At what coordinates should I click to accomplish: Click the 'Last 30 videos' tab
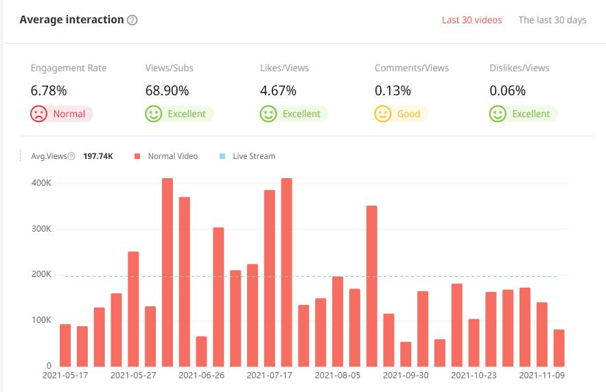click(x=471, y=20)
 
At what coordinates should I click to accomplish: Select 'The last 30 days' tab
click(x=552, y=20)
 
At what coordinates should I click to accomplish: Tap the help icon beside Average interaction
click(x=132, y=20)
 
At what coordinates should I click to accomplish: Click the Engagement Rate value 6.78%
click(x=49, y=90)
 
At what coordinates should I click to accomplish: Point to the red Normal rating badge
click(x=61, y=114)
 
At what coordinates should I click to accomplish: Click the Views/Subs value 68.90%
click(x=167, y=90)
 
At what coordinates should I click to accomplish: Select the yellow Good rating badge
click(x=401, y=114)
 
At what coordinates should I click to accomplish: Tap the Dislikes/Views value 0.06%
click(x=507, y=90)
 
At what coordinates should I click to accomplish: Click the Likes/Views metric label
click(x=284, y=68)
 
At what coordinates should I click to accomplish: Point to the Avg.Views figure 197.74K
click(x=98, y=156)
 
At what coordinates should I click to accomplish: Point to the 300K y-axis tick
click(x=41, y=229)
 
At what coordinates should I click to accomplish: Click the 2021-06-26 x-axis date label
click(x=201, y=376)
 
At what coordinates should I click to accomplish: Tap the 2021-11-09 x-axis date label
click(x=541, y=376)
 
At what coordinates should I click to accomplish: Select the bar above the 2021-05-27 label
click(x=133, y=308)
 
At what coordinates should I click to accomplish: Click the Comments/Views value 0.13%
click(x=393, y=90)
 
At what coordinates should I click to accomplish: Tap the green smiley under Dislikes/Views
click(x=498, y=114)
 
